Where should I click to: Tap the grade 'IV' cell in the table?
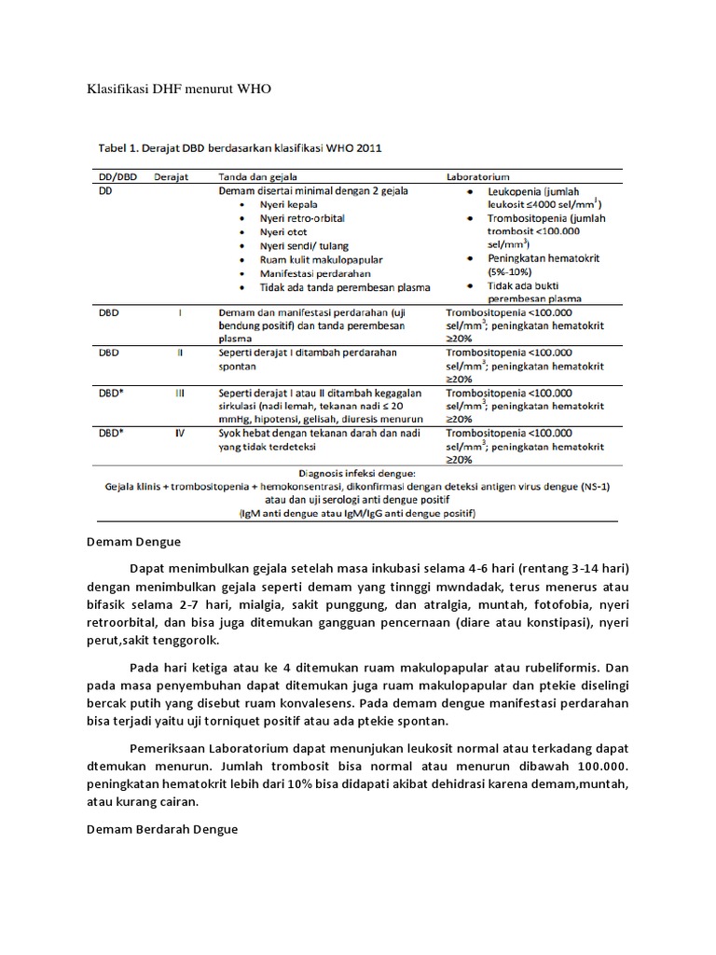(180, 433)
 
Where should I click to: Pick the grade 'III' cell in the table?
(180, 394)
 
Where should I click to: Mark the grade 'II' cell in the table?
(180, 353)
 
